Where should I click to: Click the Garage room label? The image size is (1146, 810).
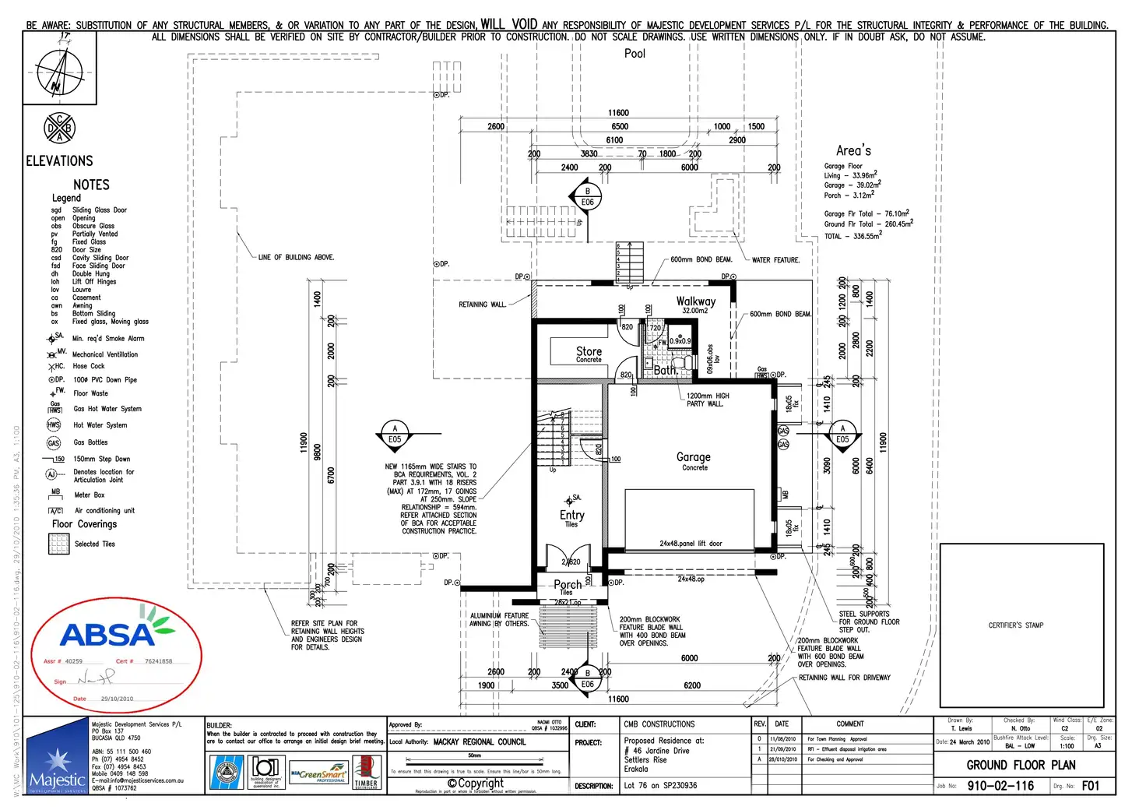click(x=693, y=457)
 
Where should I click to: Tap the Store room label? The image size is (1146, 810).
click(x=589, y=351)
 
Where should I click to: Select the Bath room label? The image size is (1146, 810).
click(x=665, y=370)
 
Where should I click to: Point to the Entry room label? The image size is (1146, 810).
click(x=571, y=515)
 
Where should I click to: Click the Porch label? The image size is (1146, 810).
click(x=568, y=584)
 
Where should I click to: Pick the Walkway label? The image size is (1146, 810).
click(x=695, y=301)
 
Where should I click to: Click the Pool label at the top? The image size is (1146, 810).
click(x=635, y=54)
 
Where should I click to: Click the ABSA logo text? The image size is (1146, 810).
click(x=109, y=635)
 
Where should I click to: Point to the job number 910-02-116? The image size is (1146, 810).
click(x=1000, y=786)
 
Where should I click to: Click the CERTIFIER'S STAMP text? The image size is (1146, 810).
click(x=1015, y=625)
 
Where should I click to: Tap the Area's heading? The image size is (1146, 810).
click(x=853, y=151)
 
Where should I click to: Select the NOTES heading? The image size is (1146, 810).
click(x=91, y=185)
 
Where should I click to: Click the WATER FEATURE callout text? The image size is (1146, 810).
click(x=775, y=260)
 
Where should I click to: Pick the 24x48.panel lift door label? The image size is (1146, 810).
click(x=691, y=544)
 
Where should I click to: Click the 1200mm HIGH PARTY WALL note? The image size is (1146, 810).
click(x=707, y=400)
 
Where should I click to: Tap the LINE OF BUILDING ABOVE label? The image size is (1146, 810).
click(x=296, y=257)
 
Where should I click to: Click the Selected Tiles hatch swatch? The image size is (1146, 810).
click(x=59, y=544)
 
